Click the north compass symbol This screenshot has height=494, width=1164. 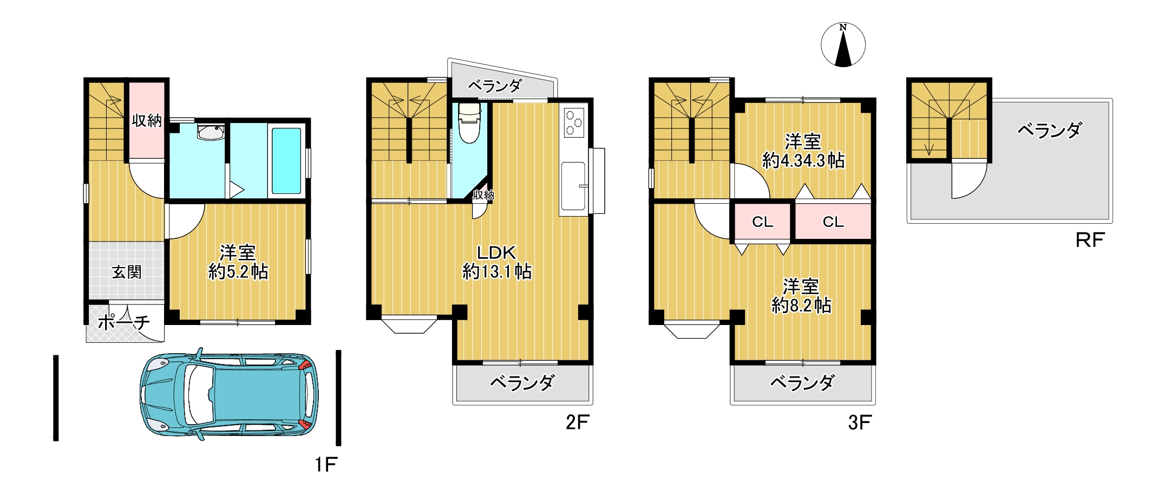coord(843,45)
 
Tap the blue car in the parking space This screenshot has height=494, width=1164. coord(229,394)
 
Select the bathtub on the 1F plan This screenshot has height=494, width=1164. coord(286,160)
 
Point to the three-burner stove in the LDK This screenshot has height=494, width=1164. coord(573,123)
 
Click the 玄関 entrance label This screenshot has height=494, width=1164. coord(127,272)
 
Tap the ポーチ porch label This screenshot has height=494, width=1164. coord(123,322)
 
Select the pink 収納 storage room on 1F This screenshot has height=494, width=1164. coord(147,120)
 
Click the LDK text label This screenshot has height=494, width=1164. coord(496,252)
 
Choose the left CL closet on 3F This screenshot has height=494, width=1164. coord(762,222)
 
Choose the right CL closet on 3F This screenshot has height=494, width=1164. coord(833,222)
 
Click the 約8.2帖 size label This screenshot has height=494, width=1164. coord(801,305)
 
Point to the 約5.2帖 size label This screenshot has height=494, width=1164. coord(238,271)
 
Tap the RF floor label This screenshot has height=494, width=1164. coord(1089,240)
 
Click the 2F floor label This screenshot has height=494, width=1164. coord(577,422)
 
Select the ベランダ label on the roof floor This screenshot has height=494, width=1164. coord(1049,130)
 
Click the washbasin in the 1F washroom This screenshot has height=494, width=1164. coord(211,132)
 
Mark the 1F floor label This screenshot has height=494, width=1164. coord(326,464)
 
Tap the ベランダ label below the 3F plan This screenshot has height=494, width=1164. coord(802,383)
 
